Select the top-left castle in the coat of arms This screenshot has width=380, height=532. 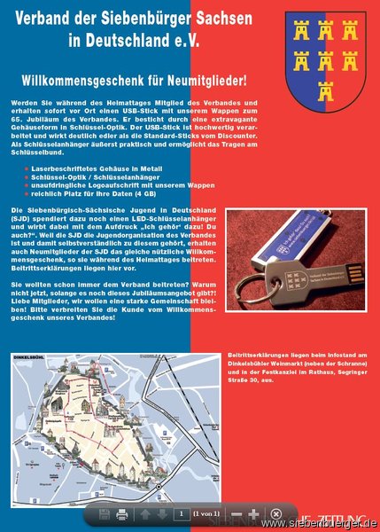301,35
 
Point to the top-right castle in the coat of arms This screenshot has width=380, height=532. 351,35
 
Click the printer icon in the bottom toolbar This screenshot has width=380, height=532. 122,513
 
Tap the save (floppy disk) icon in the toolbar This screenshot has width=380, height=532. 100,513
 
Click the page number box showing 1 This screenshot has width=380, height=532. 181,513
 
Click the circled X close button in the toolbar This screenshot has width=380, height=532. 275,513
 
